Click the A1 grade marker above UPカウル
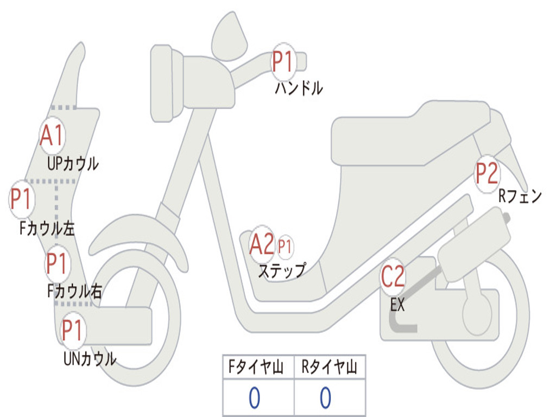click(x=52, y=136)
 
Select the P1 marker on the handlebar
click(x=282, y=62)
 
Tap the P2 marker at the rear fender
click(x=487, y=174)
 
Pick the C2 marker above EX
click(x=392, y=277)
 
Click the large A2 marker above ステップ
click(x=261, y=245)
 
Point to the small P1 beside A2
click(x=285, y=247)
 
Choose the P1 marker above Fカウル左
click(x=22, y=199)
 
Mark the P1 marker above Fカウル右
click(x=56, y=264)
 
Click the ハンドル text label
click(x=299, y=88)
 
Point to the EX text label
click(x=397, y=305)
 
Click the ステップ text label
click(x=281, y=270)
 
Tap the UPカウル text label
click(x=73, y=163)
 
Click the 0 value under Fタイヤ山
click(x=254, y=398)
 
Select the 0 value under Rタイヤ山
click(x=325, y=398)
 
